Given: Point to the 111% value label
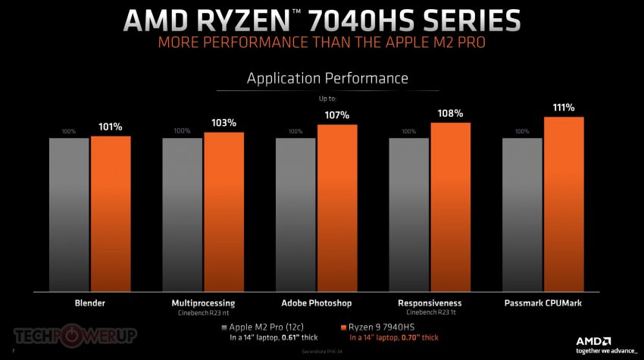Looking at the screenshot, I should pyautogui.click(x=564, y=108).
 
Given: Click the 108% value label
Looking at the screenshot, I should pyautogui.click(x=450, y=114).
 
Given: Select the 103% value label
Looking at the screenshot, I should pyautogui.click(x=224, y=123).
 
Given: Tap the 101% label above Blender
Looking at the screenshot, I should pyautogui.click(x=111, y=127).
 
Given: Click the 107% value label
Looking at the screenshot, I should pyautogui.click(x=337, y=115).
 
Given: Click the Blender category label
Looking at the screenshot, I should pyautogui.click(x=89, y=303).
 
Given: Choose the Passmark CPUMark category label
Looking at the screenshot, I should pyautogui.click(x=543, y=303).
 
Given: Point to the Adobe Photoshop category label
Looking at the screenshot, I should pyautogui.click(x=317, y=303).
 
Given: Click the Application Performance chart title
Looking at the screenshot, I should pyautogui.click(x=328, y=78).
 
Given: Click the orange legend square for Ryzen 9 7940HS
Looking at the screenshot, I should pyautogui.click(x=343, y=327).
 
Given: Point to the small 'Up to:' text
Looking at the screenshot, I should pyautogui.click(x=328, y=99).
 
